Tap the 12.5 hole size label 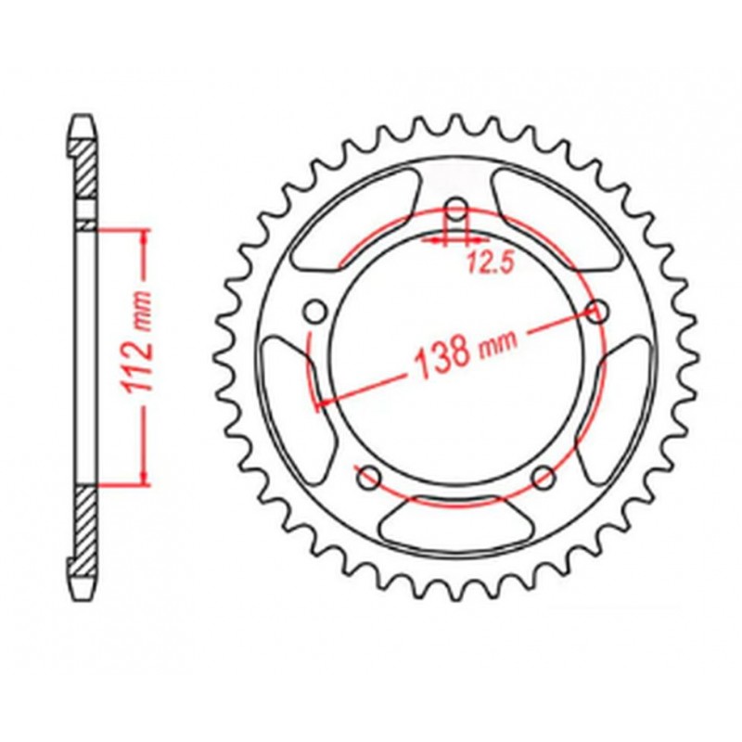[489, 264]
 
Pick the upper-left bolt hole [315, 309]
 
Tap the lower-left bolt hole [368, 477]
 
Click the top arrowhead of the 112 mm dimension [144, 237]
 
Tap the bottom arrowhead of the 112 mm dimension [144, 477]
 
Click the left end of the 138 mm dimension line [321, 402]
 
